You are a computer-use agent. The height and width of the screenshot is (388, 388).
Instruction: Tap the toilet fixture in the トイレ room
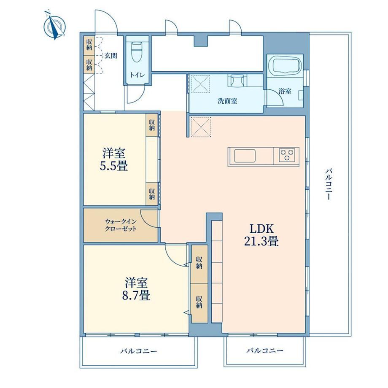point(137,52)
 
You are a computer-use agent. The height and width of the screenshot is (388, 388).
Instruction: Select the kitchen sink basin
point(245,156)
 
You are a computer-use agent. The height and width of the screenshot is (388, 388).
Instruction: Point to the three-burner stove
point(287,155)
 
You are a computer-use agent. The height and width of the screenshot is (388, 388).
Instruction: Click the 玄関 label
point(110,56)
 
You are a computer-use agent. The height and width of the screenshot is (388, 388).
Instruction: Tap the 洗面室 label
point(227,101)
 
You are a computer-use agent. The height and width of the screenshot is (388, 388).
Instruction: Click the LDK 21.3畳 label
point(261,235)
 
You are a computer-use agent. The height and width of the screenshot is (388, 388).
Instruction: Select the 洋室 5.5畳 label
point(114,159)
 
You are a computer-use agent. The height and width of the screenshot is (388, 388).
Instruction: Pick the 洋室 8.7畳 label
point(136,289)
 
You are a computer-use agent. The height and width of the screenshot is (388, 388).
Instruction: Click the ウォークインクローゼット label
point(121,225)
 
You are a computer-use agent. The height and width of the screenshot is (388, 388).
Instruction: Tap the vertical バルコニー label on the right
point(329,184)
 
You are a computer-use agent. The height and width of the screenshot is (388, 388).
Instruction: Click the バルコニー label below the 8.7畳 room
point(139,351)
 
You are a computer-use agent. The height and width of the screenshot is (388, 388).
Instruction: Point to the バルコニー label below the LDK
point(265,350)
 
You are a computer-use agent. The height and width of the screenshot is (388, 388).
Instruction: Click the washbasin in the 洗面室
point(237,81)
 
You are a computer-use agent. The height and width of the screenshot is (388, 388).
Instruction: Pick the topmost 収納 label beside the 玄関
point(89,45)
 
